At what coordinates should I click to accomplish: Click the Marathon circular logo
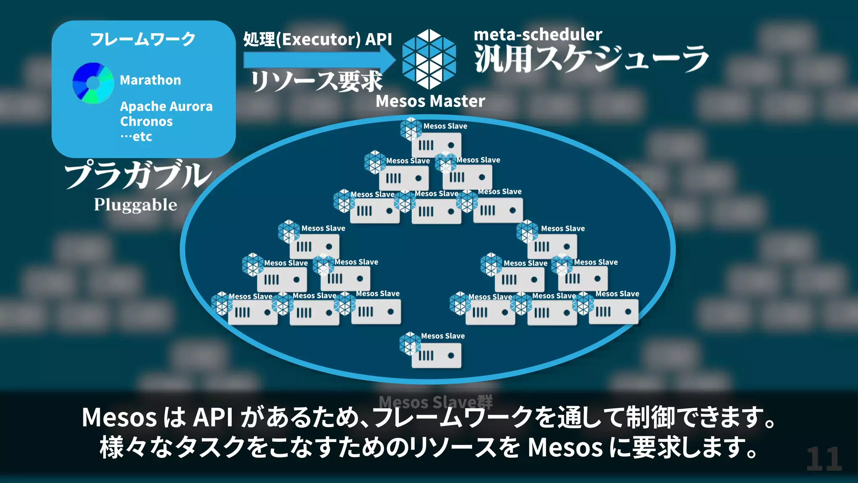tap(93, 83)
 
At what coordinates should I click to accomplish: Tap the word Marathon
tap(150, 80)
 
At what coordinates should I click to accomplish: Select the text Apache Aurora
tap(166, 106)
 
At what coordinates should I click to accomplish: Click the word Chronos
tap(146, 122)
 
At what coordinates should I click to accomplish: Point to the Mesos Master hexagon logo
tap(429, 59)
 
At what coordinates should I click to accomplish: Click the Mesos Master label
tap(430, 101)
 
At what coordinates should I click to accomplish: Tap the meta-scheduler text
tap(538, 34)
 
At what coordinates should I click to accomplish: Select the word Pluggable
tap(135, 205)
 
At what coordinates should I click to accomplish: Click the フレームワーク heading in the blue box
tap(143, 39)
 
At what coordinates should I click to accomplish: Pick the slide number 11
tap(824, 459)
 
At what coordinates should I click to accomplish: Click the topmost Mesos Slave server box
tap(437, 145)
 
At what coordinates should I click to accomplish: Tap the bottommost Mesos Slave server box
tap(437, 356)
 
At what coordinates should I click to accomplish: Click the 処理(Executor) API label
tap(318, 39)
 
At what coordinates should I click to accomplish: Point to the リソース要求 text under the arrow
tap(317, 81)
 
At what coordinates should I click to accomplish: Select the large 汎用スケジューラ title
tap(591, 59)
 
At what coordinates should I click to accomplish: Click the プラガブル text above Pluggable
tap(138, 175)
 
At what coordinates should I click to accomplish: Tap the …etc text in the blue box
tap(136, 137)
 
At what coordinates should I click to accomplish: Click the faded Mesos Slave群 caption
tap(436, 402)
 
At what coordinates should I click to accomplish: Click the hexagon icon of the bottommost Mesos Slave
tap(410, 343)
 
